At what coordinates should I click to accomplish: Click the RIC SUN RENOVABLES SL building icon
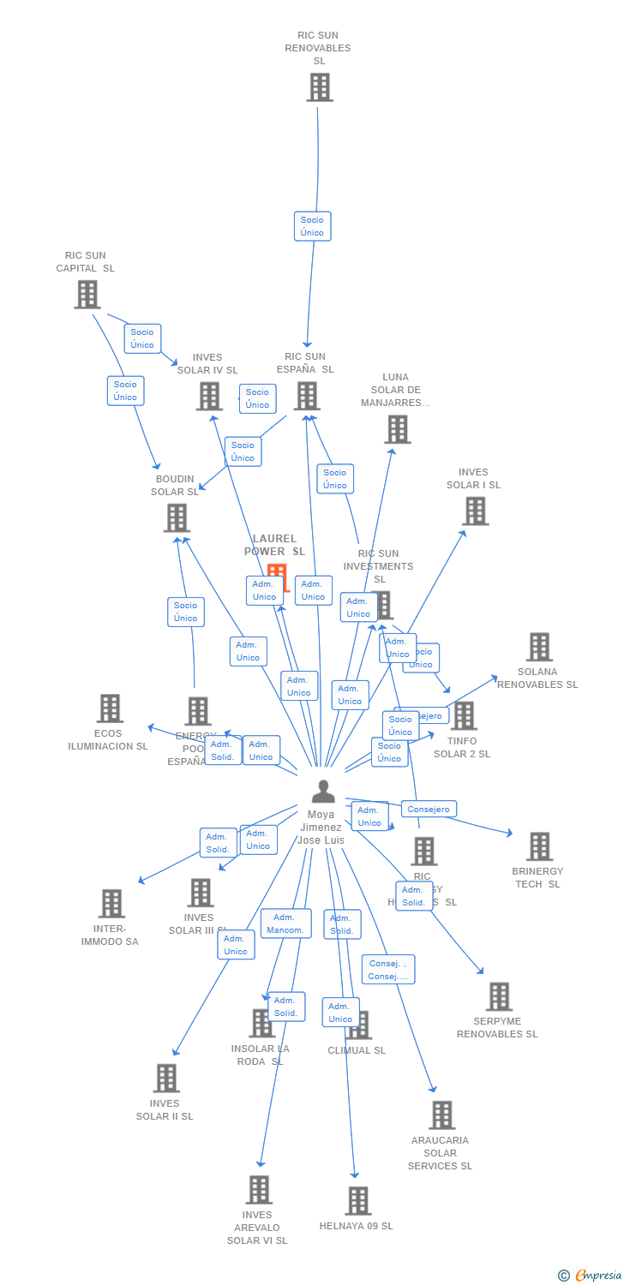point(319,87)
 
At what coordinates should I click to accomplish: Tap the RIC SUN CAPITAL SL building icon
point(87,295)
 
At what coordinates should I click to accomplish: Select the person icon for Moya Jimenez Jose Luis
point(323,791)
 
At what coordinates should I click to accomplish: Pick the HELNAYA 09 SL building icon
point(358,1201)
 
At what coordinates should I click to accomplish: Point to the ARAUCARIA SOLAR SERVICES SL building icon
point(442,1115)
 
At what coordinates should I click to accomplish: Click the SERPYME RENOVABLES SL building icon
point(499,997)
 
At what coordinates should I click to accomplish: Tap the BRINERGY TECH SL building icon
point(539,846)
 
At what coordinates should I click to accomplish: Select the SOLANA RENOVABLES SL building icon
point(539,647)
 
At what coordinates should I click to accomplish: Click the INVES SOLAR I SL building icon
point(475,511)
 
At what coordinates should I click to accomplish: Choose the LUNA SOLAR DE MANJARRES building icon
point(397,429)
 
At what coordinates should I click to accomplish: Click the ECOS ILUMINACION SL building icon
point(110,708)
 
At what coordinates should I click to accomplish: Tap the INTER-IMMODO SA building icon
point(111,903)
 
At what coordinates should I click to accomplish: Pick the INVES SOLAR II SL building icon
point(166,1079)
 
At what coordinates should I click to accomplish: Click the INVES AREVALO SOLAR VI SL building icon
point(259,1190)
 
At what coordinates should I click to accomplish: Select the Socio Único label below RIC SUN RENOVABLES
point(312,226)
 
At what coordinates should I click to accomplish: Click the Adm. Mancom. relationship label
point(285,923)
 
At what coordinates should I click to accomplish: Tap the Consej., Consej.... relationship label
point(387,970)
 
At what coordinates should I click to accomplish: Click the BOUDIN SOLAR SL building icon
point(176,517)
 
